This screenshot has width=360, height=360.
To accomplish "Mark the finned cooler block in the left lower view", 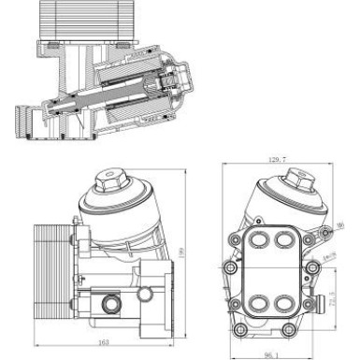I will (x=50, y=256).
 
